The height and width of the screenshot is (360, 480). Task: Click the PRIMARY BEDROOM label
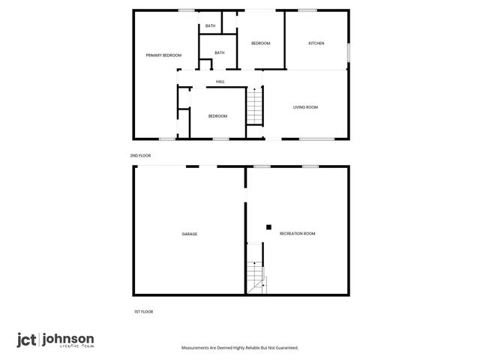[x=163, y=55]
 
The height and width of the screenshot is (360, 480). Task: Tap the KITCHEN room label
[x=316, y=43]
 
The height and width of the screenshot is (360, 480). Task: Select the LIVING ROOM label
[x=305, y=107]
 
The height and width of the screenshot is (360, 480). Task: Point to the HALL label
[x=220, y=82]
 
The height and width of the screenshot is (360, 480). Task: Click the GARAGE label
[x=189, y=234]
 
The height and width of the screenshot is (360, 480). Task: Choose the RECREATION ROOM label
[x=297, y=234]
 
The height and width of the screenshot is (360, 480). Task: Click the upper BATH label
[x=211, y=26]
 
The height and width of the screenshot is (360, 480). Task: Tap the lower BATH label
[x=220, y=52]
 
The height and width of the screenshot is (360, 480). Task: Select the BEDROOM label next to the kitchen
[x=260, y=43]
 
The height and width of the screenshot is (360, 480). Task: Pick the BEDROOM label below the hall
[x=217, y=116]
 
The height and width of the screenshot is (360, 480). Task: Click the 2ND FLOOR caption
[x=140, y=155]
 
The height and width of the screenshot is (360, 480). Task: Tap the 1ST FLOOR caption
[x=143, y=311]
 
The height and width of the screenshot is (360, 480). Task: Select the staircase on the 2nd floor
[x=256, y=105]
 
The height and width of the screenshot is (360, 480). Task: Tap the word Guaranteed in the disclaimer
[x=283, y=348]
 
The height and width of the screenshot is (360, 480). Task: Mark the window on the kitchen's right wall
[x=349, y=53]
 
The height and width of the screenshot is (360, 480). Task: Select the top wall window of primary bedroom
[x=186, y=10]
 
